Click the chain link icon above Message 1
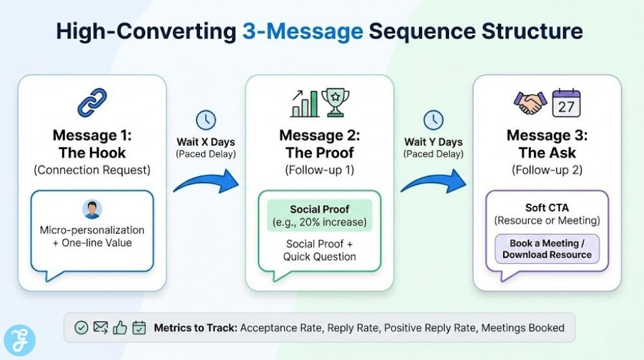click(x=92, y=103)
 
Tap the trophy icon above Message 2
click(x=335, y=103)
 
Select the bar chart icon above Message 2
click(x=304, y=104)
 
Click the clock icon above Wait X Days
click(x=205, y=120)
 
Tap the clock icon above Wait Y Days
click(x=433, y=120)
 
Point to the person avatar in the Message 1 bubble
click(x=92, y=210)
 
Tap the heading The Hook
click(x=92, y=152)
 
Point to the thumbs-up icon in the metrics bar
click(x=119, y=327)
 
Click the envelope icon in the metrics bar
click(x=100, y=327)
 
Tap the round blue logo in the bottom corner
click(x=19, y=340)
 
